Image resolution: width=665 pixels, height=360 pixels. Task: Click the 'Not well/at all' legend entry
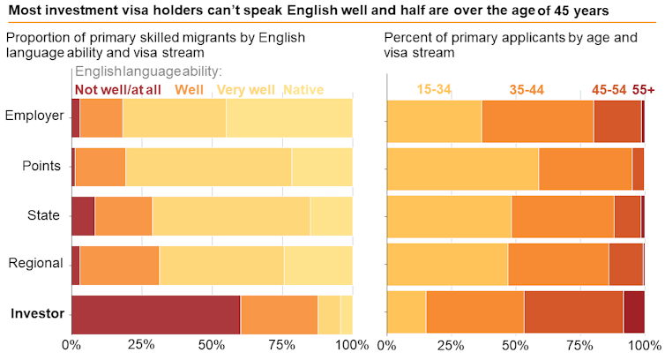pyautogui.click(x=116, y=89)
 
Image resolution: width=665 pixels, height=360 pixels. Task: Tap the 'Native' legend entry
pyautogui.click(x=303, y=89)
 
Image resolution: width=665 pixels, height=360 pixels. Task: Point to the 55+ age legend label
pyautogui.click(x=645, y=89)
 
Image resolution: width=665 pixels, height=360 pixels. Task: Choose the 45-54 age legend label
pyautogui.click(x=609, y=89)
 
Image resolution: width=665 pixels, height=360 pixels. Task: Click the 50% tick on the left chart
pyautogui.click(x=212, y=344)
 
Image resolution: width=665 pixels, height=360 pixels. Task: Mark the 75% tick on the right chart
pyautogui.click(x=579, y=344)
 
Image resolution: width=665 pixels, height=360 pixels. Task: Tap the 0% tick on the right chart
pyautogui.click(x=386, y=344)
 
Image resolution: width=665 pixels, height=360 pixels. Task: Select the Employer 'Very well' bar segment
pyautogui.click(x=174, y=117)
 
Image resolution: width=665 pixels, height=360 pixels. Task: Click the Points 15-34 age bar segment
pyautogui.click(x=462, y=169)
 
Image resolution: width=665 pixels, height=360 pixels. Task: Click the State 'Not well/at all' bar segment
pyautogui.click(x=83, y=216)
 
